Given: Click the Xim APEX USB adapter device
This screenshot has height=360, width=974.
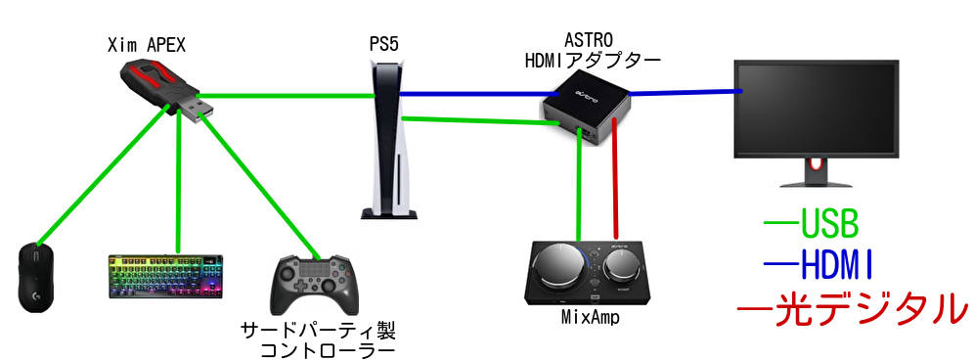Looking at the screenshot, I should coord(161,87).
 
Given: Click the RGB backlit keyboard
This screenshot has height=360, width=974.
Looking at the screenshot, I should coord(168,277).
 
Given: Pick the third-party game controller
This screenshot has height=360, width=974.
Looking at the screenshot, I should coord(313,282).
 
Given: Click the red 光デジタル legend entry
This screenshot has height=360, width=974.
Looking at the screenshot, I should coord(851,307).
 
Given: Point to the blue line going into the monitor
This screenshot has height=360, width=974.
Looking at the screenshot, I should coord(685,92).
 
